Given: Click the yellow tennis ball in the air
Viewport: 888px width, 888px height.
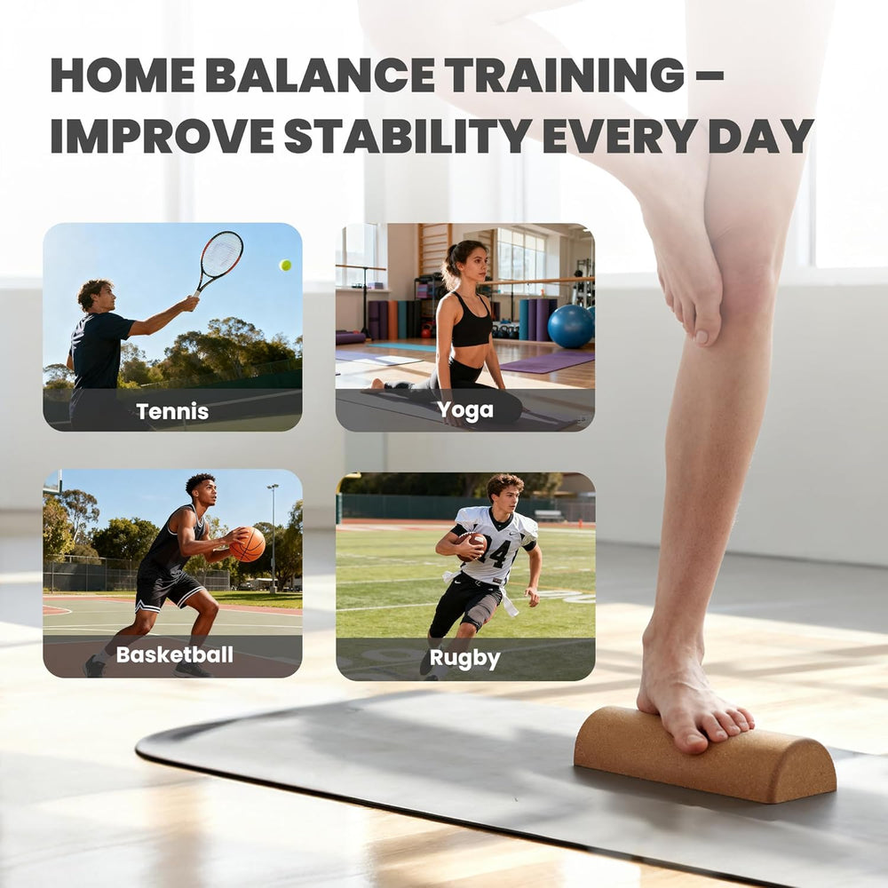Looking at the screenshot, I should [x=285, y=265].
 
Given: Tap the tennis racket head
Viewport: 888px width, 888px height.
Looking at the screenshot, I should [x=221, y=254].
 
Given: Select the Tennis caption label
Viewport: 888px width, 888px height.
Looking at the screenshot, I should [x=172, y=411].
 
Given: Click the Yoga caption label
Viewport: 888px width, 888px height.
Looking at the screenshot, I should [x=464, y=409].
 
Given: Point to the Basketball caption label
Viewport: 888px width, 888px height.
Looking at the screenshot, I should [x=174, y=655].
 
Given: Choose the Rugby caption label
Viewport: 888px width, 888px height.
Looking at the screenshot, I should [x=464, y=658].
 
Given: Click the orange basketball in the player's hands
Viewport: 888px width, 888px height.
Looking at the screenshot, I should [x=247, y=544].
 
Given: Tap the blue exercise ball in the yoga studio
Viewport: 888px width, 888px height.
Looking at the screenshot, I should [x=570, y=326].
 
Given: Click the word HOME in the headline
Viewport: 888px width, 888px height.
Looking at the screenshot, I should [x=121, y=75].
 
